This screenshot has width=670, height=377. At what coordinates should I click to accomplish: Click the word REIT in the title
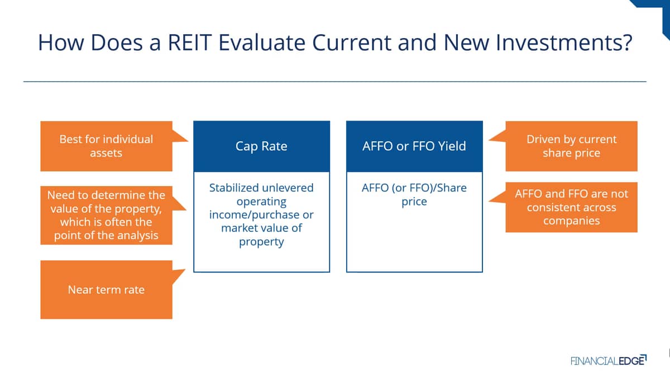point(190,42)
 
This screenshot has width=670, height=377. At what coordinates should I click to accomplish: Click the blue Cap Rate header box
point(262,146)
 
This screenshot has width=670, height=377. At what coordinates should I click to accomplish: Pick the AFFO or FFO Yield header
point(414,146)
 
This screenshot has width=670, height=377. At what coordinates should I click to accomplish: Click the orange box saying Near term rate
point(106,290)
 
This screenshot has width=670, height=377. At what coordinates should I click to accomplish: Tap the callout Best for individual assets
point(106,146)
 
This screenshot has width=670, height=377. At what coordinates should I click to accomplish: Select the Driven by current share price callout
point(571,146)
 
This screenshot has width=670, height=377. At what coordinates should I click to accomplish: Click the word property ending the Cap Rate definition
point(261,242)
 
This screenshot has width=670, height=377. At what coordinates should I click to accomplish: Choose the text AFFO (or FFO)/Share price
point(414,195)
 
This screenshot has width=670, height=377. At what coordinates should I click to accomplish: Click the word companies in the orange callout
point(572,221)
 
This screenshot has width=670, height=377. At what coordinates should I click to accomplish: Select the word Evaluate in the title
point(262,42)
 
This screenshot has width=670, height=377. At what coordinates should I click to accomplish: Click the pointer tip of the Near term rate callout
point(185,270)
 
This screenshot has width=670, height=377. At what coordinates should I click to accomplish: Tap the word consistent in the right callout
point(572,208)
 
